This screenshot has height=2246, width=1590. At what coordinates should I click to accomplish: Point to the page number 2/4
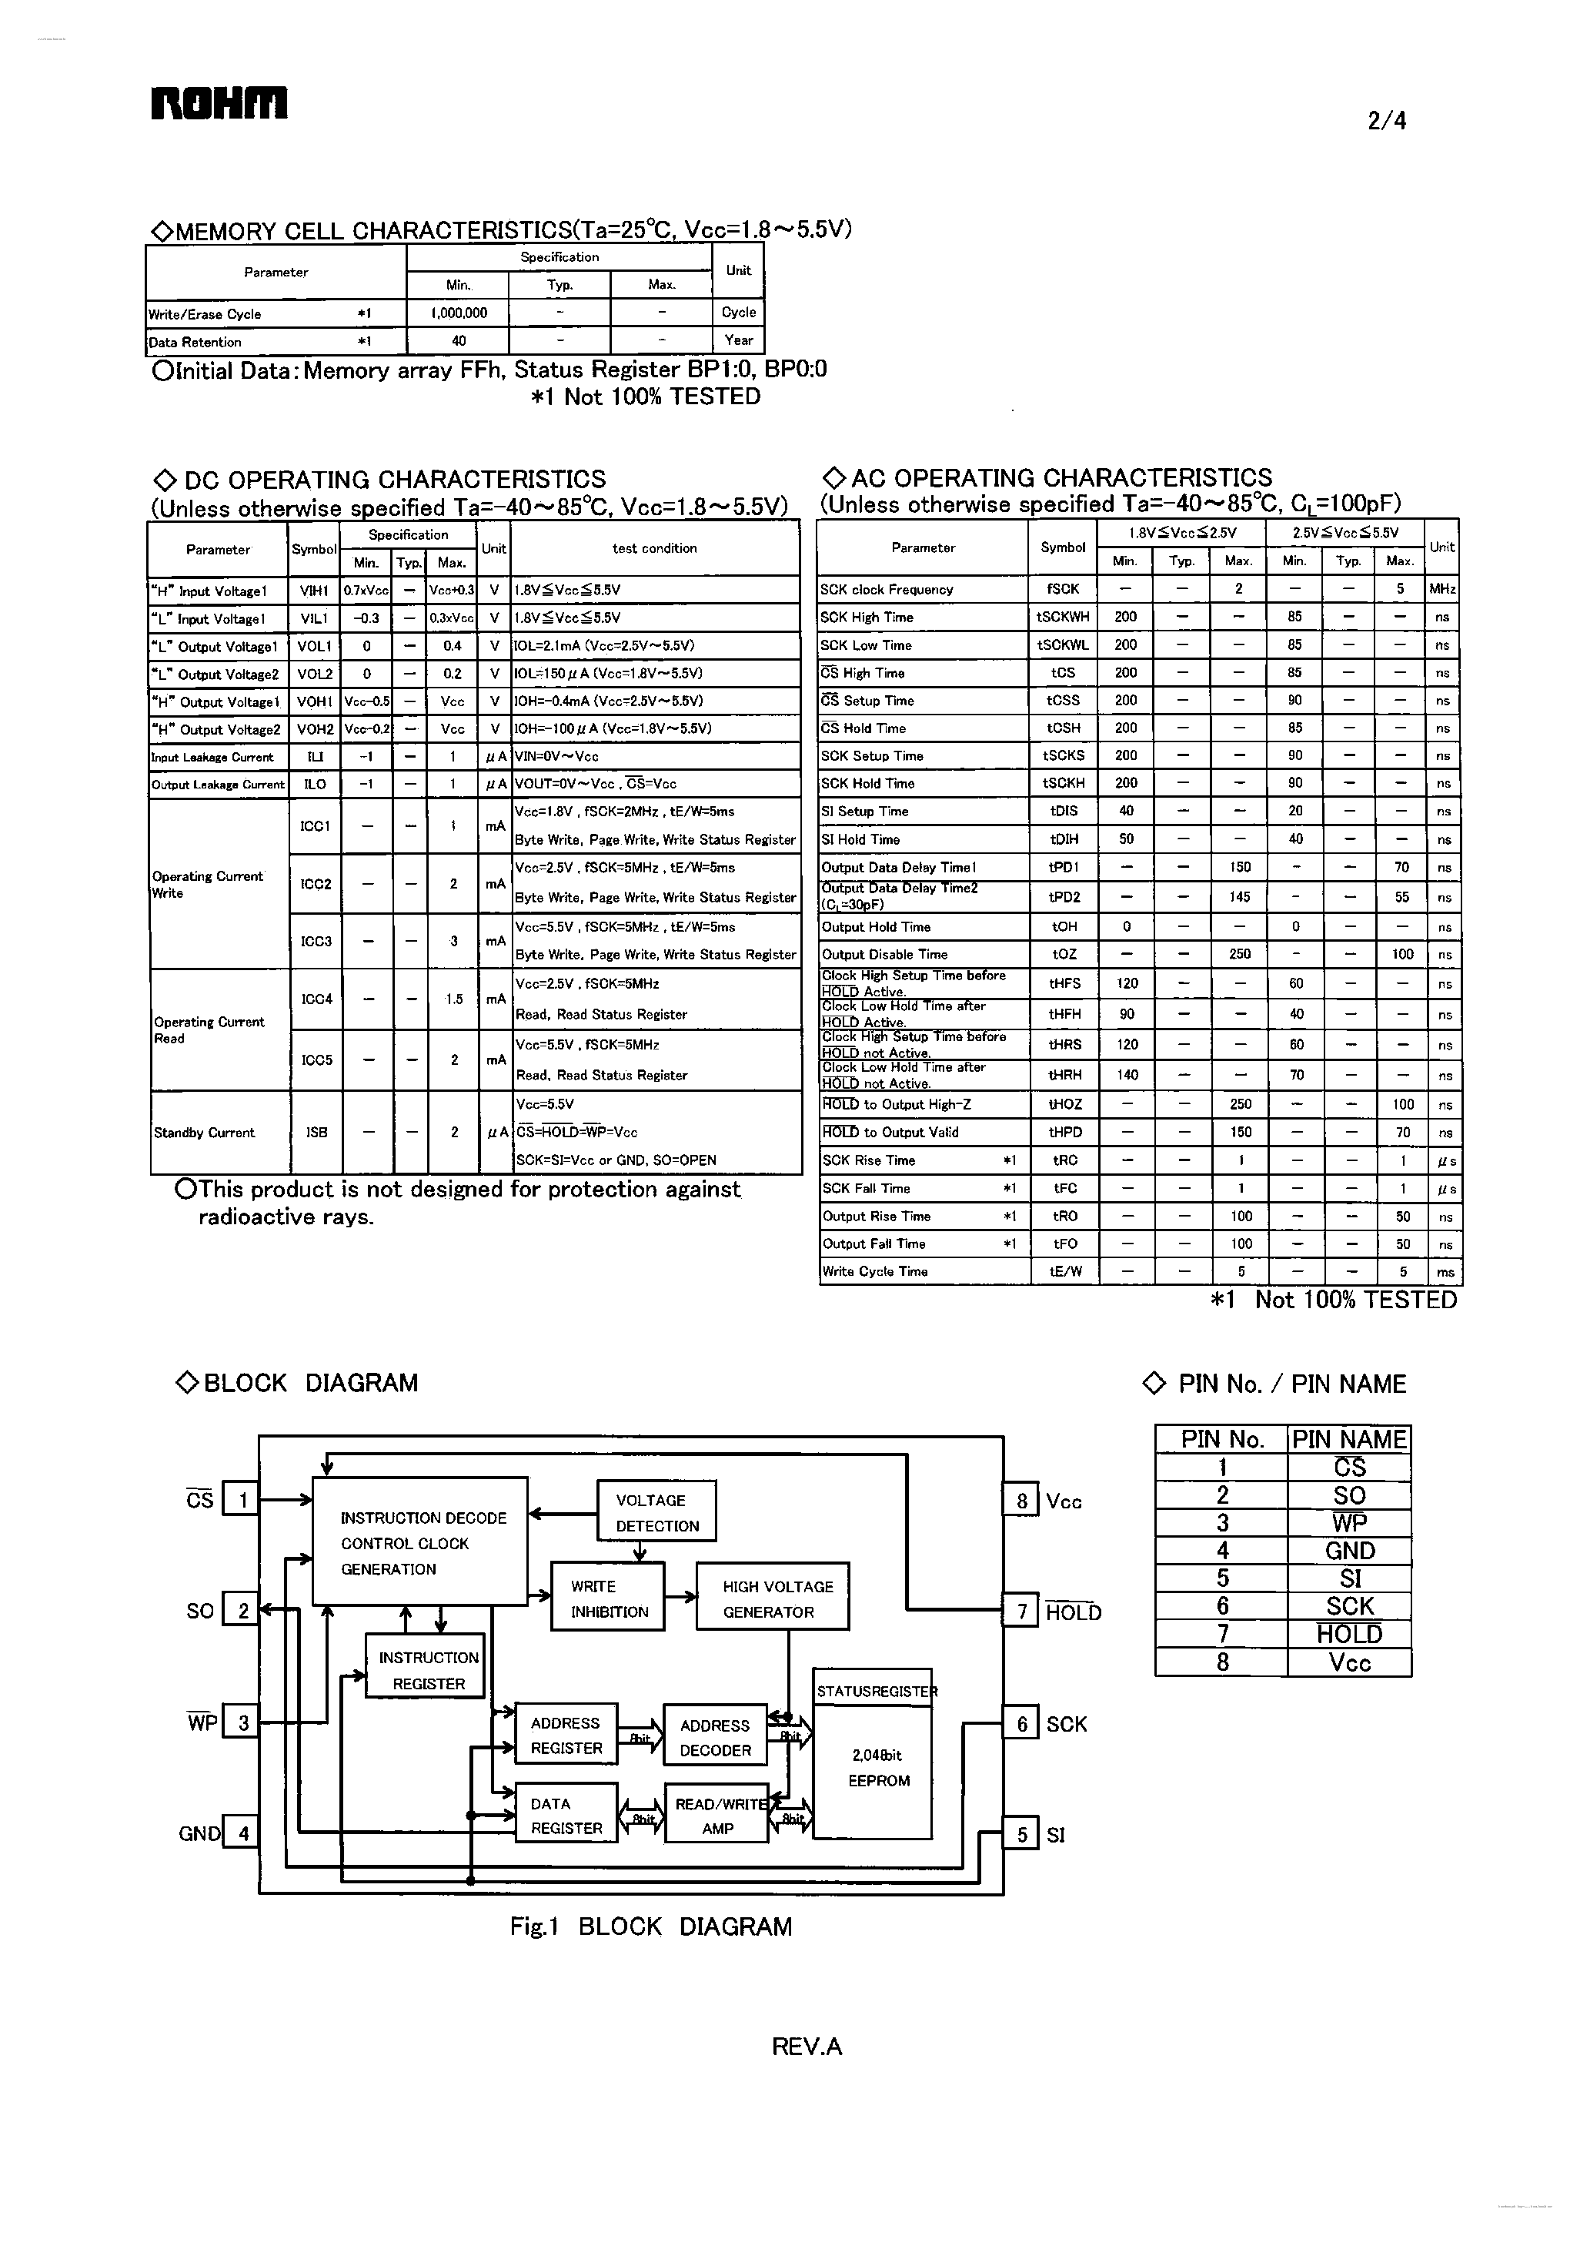(x=1386, y=120)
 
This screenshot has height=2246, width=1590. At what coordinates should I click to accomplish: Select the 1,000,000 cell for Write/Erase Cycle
(x=458, y=313)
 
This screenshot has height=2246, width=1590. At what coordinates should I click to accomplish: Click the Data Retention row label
(x=195, y=342)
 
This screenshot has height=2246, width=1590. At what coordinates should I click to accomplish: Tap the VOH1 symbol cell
(x=314, y=701)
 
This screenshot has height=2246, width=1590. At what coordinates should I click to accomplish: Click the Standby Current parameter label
(x=204, y=1133)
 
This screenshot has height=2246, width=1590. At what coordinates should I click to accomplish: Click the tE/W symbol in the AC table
(x=1064, y=1271)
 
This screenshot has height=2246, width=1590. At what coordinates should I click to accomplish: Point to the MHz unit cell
(x=1441, y=589)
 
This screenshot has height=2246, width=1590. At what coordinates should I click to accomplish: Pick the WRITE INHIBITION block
(x=608, y=1598)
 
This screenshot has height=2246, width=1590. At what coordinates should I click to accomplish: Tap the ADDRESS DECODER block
(x=715, y=1738)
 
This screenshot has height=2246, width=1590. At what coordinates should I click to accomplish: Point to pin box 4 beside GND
(x=242, y=1833)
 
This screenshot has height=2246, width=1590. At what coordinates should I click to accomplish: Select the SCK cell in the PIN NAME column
(x=1349, y=1606)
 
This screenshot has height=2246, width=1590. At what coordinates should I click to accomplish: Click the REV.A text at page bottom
(x=806, y=2045)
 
